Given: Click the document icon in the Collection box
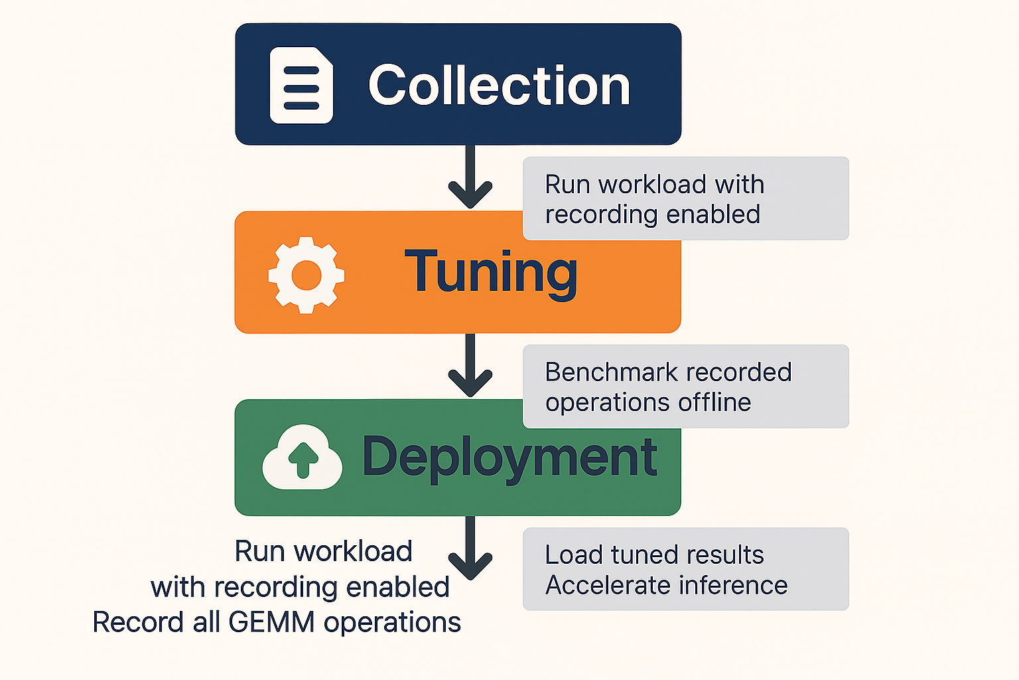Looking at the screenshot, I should [301, 86].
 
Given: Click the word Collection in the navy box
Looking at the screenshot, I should [499, 86].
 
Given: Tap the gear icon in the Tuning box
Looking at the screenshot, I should [306, 274].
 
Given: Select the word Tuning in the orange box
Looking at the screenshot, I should [491, 272].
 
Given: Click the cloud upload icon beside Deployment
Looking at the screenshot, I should [303, 458].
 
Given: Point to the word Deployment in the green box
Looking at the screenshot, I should [509, 458].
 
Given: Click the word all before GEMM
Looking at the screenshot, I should [206, 623].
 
